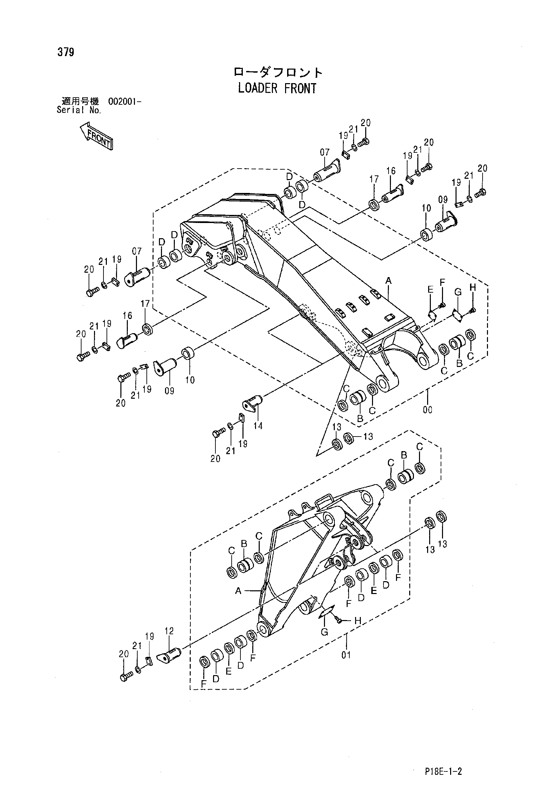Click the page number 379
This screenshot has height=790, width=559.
pos(66,52)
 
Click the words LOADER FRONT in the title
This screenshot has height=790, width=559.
pos(277,89)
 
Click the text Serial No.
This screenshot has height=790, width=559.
pos(79,110)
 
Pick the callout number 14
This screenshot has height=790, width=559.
pos(258,426)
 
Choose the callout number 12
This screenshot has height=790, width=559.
pos(169,631)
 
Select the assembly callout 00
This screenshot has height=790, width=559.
pos(427,410)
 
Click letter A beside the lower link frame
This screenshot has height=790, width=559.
pos(238,591)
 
